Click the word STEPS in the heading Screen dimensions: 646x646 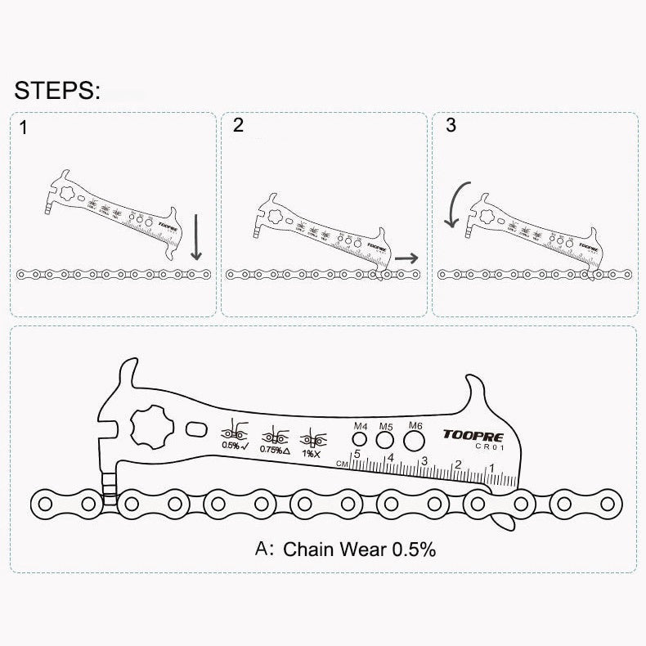[56, 89]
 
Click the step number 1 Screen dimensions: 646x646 [23, 128]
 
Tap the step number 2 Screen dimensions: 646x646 [238, 125]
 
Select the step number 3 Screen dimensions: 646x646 [451, 125]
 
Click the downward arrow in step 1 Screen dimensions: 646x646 [195, 237]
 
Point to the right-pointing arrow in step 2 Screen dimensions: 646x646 [406, 257]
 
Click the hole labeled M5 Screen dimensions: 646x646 [386, 441]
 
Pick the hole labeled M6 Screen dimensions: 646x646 [415, 442]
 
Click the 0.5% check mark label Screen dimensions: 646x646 [233, 446]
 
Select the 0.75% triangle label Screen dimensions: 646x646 [274, 449]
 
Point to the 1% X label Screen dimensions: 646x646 [311, 451]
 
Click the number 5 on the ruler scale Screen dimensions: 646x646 [357, 454]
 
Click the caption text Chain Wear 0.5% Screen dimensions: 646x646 [359, 549]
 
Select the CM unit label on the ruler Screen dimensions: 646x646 [343, 463]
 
